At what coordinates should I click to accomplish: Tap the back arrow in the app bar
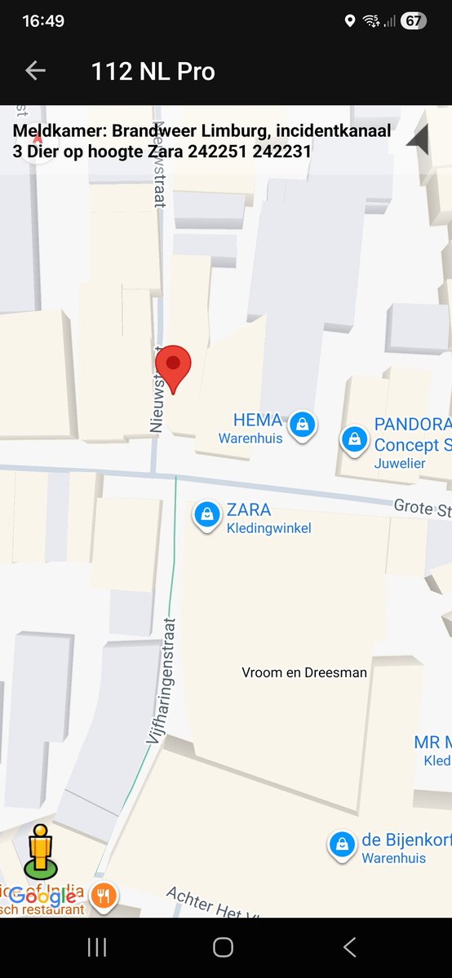tap(35, 71)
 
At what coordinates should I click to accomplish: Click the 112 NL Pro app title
tap(153, 72)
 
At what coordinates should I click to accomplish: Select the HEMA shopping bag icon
tap(304, 424)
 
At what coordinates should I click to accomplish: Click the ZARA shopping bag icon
tap(207, 514)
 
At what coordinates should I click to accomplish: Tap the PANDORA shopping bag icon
tap(354, 438)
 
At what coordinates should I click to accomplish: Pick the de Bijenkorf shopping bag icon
tap(341, 844)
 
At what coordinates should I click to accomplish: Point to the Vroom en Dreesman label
tap(304, 672)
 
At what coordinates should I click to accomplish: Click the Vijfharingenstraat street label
tap(163, 680)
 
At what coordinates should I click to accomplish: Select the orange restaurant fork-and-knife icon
tap(104, 896)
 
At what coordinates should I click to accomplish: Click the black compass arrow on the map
tap(419, 140)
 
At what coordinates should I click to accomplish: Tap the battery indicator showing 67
tap(414, 21)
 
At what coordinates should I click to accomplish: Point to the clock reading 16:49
tap(43, 21)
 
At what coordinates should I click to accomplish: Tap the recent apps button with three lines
tap(97, 947)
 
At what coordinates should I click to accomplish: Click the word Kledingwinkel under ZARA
tap(268, 528)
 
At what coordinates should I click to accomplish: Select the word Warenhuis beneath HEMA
tap(250, 438)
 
